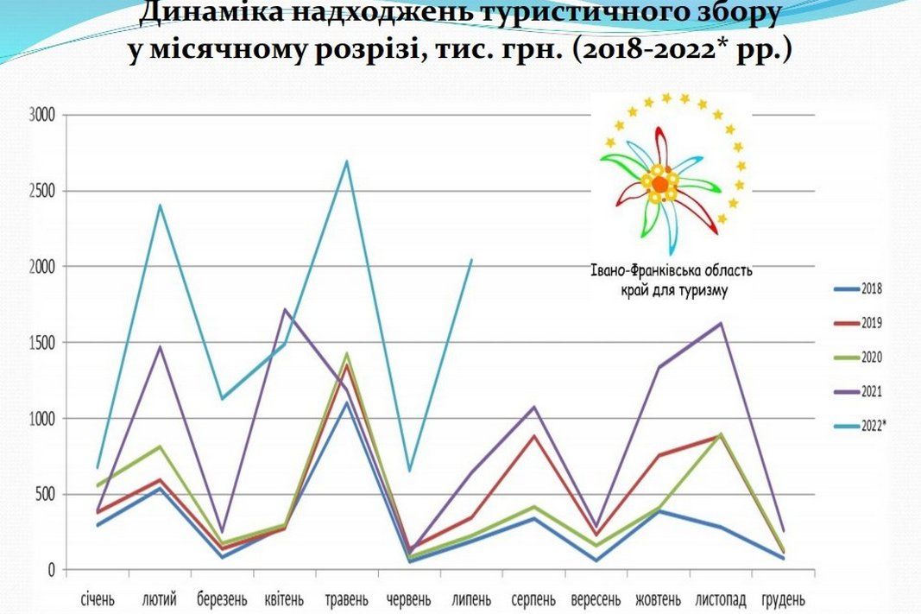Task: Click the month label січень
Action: click(x=98, y=598)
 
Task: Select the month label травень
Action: click(x=346, y=598)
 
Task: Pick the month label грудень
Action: click(x=784, y=598)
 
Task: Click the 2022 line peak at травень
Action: click(x=346, y=161)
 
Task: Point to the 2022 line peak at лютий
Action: click(x=161, y=205)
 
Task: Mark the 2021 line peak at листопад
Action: click(x=721, y=323)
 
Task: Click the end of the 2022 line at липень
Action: click(x=471, y=259)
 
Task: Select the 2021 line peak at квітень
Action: click(x=285, y=309)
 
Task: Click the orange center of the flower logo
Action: click(x=659, y=183)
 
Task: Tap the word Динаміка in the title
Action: click(x=205, y=13)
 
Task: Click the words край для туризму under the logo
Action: click(x=673, y=291)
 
